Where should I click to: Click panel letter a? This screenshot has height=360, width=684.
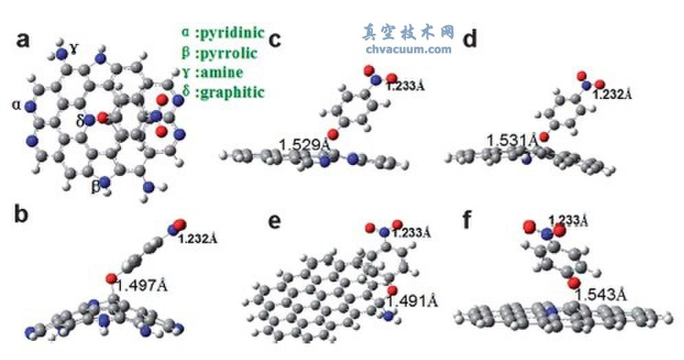[x=23, y=41]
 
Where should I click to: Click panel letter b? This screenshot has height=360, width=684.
[x=23, y=215]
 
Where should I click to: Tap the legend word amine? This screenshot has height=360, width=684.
[x=219, y=72]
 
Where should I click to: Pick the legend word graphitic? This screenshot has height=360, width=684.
[x=230, y=92]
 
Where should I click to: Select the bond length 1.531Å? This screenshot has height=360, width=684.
[x=512, y=140]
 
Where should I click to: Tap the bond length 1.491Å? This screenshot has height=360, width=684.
[x=411, y=300]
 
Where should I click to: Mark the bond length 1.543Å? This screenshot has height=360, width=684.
[x=600, y=294]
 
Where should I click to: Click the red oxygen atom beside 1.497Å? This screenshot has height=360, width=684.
[x=111, y=279]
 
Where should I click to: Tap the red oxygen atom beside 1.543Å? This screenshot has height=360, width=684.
[x=575, y=283]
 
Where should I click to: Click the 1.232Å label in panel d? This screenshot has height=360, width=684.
[x=612, y=94]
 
